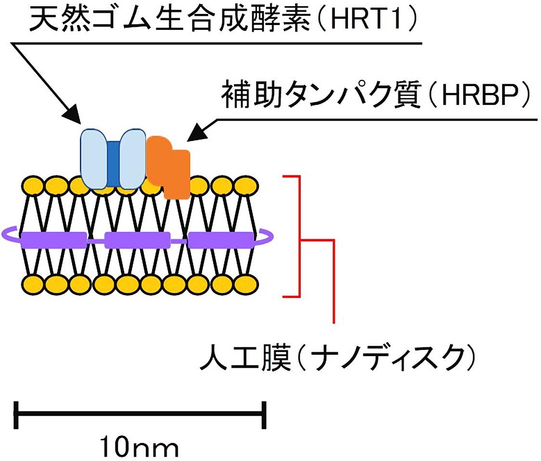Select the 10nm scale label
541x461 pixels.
pos(139,446)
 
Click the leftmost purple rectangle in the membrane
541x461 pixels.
pos(53,239)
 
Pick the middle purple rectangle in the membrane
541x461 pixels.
pos(137,239)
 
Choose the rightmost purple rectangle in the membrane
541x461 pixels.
pos(221,239)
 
